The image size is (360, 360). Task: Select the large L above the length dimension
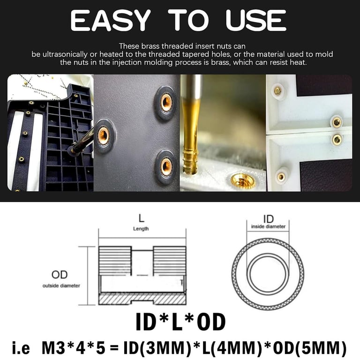pyautogui.click(x=141, y=219)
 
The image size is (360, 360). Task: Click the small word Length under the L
pyautogui.click(x=141, y=229)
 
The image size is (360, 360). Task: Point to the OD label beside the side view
pyautogui.click(x=60, y=275)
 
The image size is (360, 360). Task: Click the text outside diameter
pyautogui.click(x=61, y=285)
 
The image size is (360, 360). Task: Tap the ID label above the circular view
pyautogui.click(x=268, y=219)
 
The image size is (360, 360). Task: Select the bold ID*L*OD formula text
pyautogui.click(x=180, y=322)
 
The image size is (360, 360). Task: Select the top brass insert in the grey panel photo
pyautogui.click(x=165, y=102)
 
